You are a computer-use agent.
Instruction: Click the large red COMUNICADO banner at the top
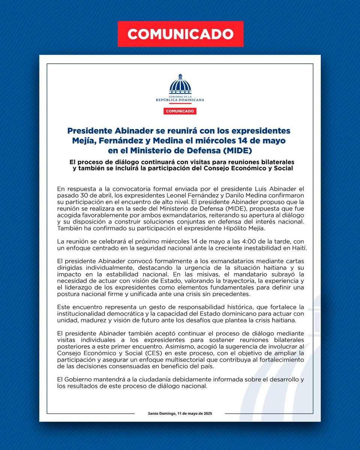[x=180, y=34]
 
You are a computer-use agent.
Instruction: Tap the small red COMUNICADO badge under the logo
[x=180, y=111]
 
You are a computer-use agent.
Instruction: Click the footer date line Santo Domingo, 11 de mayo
[x=180, y=413]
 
